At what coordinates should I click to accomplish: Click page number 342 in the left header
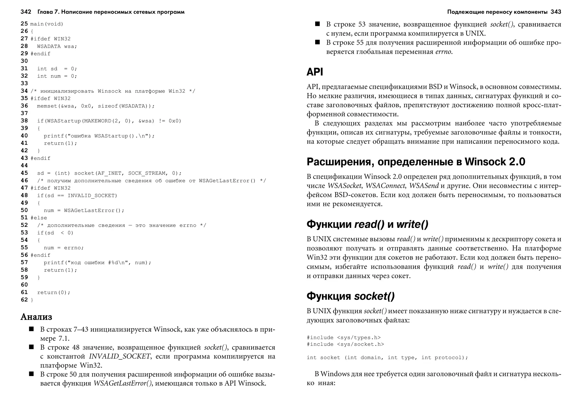click(26, 12)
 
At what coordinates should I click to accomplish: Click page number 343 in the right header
click(556, 12)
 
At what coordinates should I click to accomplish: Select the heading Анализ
click(36, 317)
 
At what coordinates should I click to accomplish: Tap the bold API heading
click(315, 72)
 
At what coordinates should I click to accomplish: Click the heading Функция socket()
click(350, 296)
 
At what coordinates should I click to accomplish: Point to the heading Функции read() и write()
click(367, 224)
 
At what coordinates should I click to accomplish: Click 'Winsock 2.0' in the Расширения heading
click(495, 162)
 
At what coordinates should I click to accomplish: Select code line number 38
click(24, 121)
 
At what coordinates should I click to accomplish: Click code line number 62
click(24, 300)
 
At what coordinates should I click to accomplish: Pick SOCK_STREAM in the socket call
click(147, 173)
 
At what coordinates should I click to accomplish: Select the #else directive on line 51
click(39, 218)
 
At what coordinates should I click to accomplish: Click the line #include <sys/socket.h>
click(345, 344)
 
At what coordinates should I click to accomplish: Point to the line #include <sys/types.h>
click(343, 337)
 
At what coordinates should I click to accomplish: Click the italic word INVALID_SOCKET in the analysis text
click(119, 356)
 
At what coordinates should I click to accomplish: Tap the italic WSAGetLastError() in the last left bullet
click(122, 383)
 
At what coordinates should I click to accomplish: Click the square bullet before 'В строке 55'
click(317, 42)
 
